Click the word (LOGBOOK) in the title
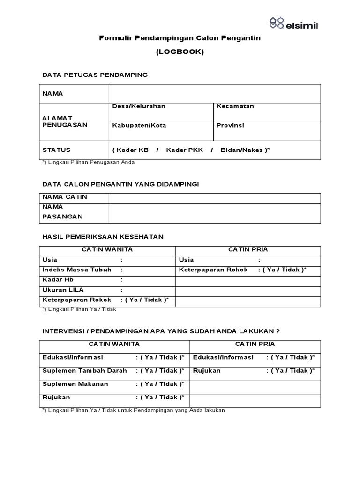180,52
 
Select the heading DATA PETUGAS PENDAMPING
95,75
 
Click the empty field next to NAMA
215,94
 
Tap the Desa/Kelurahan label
139,106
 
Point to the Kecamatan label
235,106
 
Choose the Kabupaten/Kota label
139,126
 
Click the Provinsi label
230,126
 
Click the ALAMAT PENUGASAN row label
65,122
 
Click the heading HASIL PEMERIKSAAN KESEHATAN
103,237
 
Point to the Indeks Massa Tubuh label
77,270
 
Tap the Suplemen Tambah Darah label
84,371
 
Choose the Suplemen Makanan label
75,384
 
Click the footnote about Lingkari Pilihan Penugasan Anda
89,162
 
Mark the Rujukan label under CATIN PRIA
207,371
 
